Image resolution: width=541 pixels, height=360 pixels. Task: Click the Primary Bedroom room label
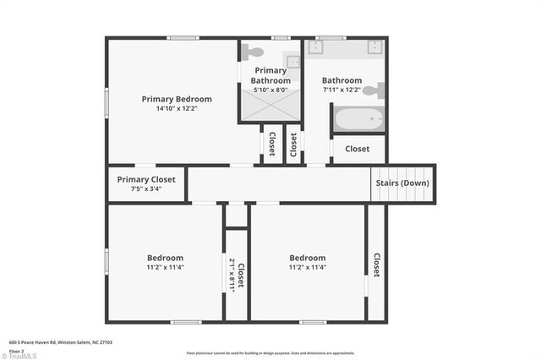pyautogui.click(x=177, y=99)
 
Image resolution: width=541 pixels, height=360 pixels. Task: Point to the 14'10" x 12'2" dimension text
pyautogui.click(x=177, y=109)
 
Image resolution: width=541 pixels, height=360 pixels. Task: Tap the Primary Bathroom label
pyautogui.click(x=271, y=75)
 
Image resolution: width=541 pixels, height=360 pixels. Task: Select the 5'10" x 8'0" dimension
pyautogui.click(x=271, y=90)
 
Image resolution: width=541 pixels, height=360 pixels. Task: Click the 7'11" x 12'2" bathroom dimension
pyautogui.click(x=342, y=90)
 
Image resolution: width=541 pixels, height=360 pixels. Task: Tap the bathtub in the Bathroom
pyautogui.click(x=358, y=119)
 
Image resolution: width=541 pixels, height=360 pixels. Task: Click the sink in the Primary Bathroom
pyautogui.click(x=292, y=62)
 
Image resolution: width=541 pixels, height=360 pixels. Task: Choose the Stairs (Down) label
pyautogui.click(x=402, y=183)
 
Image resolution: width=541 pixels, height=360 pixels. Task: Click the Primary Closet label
pyautogui.click(x=146, y=179)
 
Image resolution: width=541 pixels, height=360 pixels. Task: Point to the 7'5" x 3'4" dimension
pyautogui.click(x=146, y=188)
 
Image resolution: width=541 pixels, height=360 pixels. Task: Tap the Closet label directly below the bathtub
pyautogui.click(x=357, y=149)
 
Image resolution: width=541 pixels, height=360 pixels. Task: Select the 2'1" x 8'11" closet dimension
pyautogui.click(x=232, y=275)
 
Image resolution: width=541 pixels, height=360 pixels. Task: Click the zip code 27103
pyautogui.click(x=106, y=342)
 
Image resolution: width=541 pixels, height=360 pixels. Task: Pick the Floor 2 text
pyautogui.click(x=16, y=349)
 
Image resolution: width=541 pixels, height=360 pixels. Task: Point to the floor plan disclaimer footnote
pyautogui.click(x=270, y=352)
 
